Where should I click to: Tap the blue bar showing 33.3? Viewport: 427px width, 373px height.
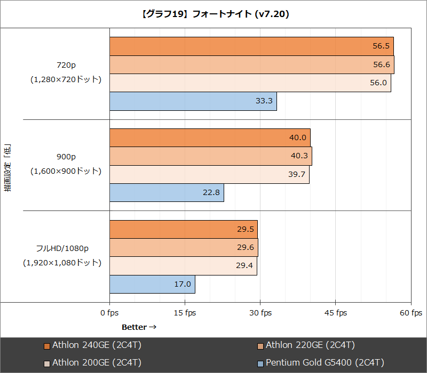pos(193,101)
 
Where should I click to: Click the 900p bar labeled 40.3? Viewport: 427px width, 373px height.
pos(210,156)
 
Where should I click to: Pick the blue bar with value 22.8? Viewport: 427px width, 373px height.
pos(167,193)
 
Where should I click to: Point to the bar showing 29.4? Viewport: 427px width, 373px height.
pos(183,266)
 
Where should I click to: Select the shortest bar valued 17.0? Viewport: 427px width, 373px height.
pos(152,284)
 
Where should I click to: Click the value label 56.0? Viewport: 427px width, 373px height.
pos(377,83)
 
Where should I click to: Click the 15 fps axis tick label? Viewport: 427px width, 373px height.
pos(185,313)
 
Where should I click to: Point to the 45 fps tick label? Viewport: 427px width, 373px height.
pos(335,313)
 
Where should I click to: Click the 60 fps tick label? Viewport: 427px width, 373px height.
pos(410,313)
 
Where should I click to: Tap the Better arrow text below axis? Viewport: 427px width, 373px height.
pos(139,327)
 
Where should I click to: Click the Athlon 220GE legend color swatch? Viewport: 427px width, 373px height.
pos(260,345)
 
